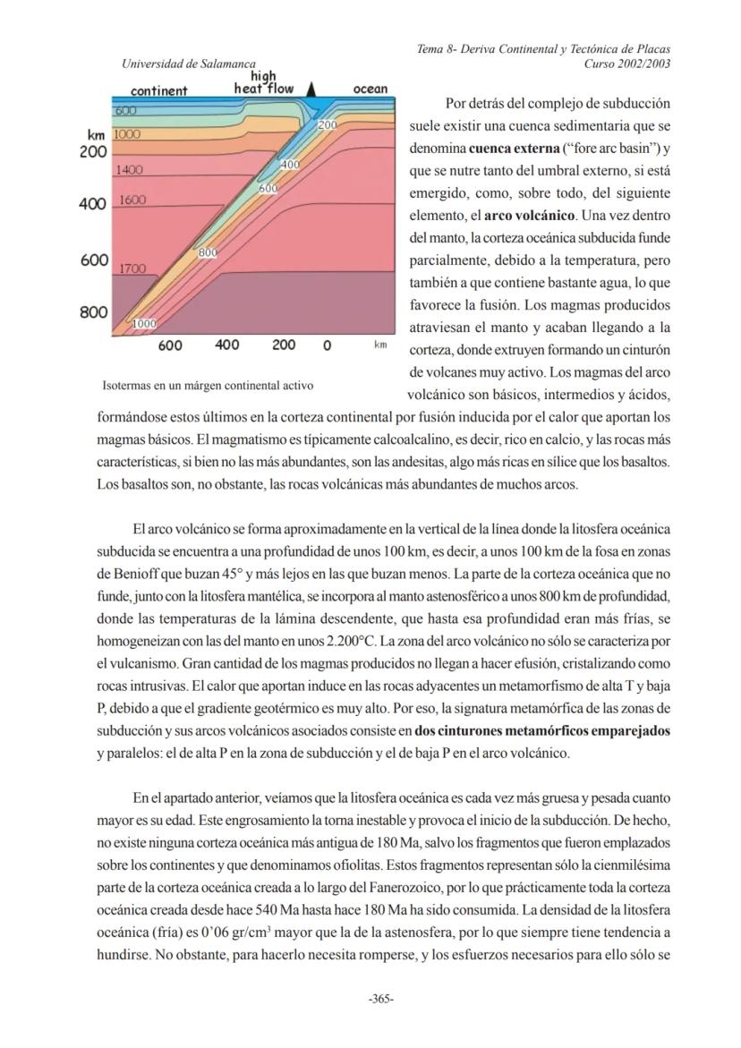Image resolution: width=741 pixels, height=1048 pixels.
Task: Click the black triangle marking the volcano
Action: coord(311,89)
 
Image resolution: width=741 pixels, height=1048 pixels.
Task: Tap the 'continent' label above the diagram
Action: coord(158,90)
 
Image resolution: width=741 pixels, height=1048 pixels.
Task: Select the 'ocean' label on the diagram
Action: coord(370,89)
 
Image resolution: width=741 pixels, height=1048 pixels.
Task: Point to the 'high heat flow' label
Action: coord(263,83)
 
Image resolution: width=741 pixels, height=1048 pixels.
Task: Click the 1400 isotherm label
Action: coord(130,169)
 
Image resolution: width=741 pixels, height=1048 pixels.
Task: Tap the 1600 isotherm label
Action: coord(132,200)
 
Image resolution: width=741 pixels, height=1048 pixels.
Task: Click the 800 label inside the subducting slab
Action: coord(208,253)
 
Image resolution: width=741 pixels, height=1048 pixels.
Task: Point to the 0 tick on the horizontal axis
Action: coord(328,345)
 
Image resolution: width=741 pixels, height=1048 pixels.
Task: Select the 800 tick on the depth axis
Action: coord(94,312)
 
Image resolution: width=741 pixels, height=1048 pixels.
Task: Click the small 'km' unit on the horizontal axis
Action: coord(380,344)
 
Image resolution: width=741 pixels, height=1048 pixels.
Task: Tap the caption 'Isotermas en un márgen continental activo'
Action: coord(209,386)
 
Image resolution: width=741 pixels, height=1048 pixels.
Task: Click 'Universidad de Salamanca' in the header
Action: coord(189,64)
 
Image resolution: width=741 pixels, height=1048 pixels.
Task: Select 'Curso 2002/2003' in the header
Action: coord(626,64)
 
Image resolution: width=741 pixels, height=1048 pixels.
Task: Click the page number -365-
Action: coord(381,999)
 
